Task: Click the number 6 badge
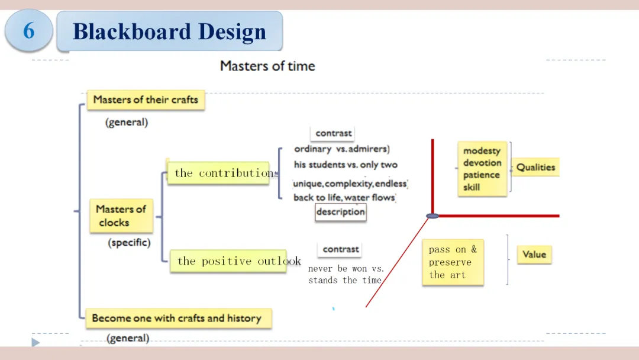pos(28,30)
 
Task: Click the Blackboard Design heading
pos(169,31)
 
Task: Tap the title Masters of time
pos(267,66)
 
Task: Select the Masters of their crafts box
pos(146,100)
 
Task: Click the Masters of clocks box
pos(121,216)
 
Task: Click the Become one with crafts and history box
pos(177,318)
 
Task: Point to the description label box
pos(340,212)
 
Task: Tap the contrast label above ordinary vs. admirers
pos(334,133)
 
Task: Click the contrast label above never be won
pos(341,249)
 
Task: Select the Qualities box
pos(535,168)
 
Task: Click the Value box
pos(534,255)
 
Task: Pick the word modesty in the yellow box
pos(482,151)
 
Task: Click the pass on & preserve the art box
pos(453,262)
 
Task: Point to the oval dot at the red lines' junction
pos(433,216)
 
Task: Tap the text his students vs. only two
pos(346,165)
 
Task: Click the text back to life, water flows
pos(344,198)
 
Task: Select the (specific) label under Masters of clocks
pos(129,243)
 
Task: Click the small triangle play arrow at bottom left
pos(35,342)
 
